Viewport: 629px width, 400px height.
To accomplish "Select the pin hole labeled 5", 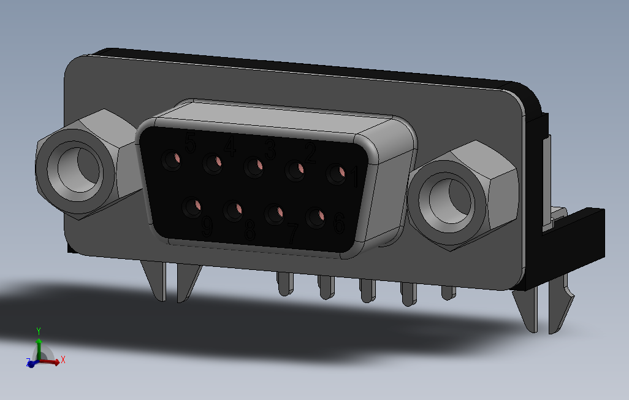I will (x=172, y=161).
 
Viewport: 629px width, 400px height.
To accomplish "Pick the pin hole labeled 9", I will (x=194, y=207).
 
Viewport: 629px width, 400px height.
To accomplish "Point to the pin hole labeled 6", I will (x=316, y=218).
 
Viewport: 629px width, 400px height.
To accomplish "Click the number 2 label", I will (x=310, y=154).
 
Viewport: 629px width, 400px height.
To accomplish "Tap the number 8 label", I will (x=250, y=231).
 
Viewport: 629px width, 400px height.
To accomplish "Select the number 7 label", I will (x=292, y=233).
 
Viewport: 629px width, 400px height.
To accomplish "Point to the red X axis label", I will (x=63, y=360).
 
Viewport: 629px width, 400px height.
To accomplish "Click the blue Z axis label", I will (x=28, y=362).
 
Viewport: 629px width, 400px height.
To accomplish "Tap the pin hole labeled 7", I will (x=275, y=214).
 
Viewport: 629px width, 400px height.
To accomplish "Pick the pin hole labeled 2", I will (x=295, y=172).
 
